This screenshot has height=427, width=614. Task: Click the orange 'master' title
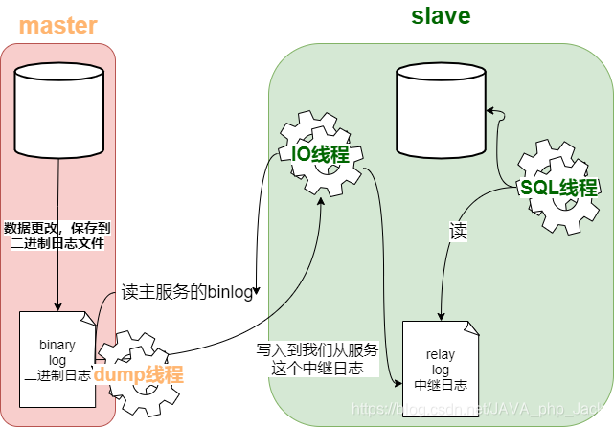click(x=58, y=25)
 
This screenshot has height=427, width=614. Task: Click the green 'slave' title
click(x=441, y=16)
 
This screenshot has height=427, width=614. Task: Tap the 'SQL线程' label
click(x=557, y=187)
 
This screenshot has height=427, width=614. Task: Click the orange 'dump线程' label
click(x=138, y=374)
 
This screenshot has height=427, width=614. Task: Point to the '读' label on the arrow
click(x=458, y=231)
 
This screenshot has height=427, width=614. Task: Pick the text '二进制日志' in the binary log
click(x=57, y=376)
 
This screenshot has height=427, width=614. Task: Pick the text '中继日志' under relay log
click(x=440, y=386)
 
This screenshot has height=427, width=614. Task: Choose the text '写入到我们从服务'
click(x=317, y=349)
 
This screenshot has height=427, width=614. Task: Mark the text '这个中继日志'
click(x=317, y=368)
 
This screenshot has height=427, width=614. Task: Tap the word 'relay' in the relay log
click(x=440, y=355)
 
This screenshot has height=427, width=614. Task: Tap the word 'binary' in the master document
click(x=57, y=344)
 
